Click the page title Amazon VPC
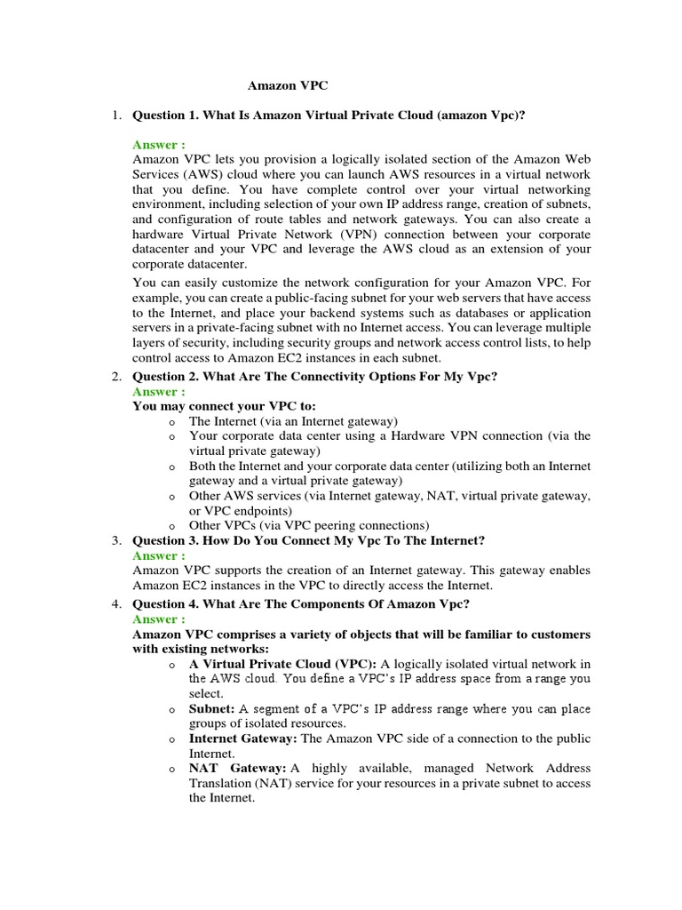tap(287, 86)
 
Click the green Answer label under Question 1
tap(159, 144)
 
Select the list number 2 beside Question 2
tap(116, 377)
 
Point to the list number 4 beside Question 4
tap(116, 604)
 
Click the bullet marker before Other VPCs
tap(170, 525)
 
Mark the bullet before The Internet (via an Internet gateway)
tap(170, 421)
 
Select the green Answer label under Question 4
tap(159, 619)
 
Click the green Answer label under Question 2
tap(159, 391)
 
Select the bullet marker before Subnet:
tap(170, 710)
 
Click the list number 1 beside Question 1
tap(116, 116)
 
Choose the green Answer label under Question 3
tap(159, 555)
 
